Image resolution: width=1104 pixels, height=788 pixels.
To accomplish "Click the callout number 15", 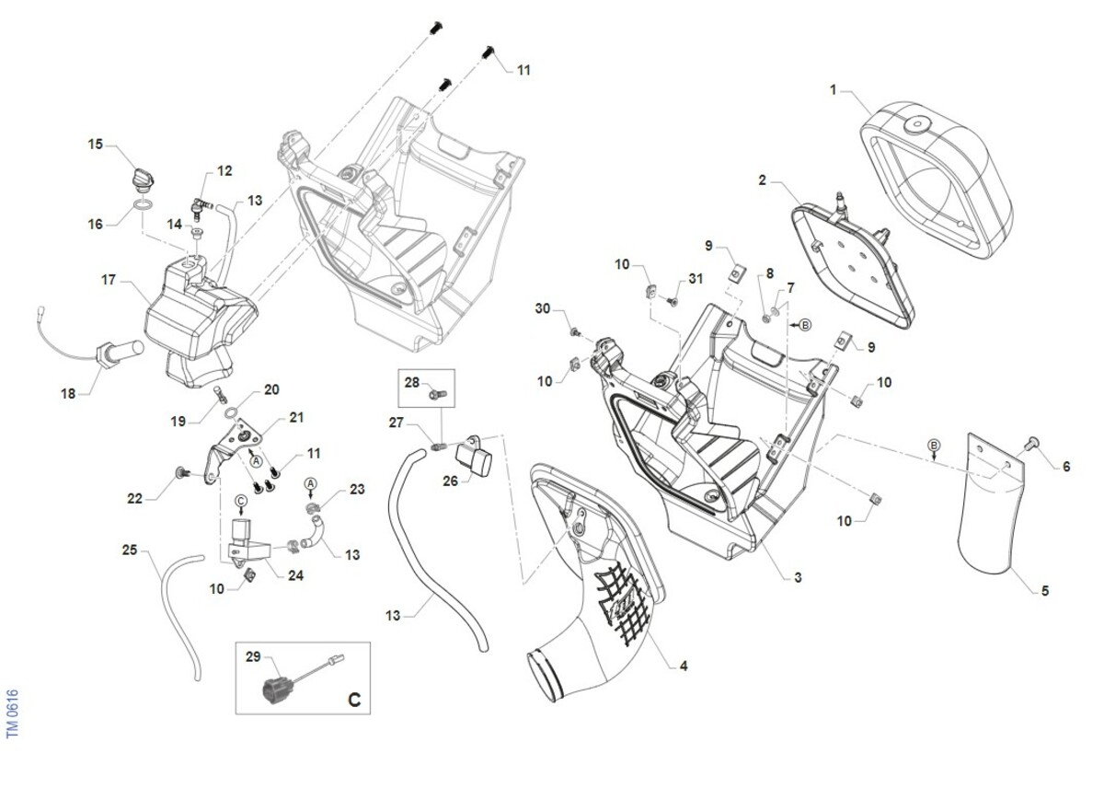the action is (x=95, y=145).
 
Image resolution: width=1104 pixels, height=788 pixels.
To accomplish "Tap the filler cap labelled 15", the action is (x=144, y=181).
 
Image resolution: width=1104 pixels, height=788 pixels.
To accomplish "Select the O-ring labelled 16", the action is (x=143, y=204).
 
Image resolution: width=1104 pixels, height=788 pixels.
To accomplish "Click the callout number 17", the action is (x=108, y=280).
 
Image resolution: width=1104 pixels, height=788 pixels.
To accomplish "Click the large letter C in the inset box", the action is (x=354, y=701).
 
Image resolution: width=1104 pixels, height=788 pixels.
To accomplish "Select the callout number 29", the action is (x=253, y=657).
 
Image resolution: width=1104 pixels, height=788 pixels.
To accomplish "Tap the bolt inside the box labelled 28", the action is (x=438, y=394).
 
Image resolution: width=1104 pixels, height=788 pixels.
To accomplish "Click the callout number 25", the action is (x=130, y=550).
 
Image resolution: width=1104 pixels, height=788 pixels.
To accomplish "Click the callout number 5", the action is (x=1045, y=590).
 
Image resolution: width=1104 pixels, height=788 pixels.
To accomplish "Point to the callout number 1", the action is (x=833, y=89).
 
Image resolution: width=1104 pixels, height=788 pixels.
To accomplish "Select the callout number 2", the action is (x=762, y=180).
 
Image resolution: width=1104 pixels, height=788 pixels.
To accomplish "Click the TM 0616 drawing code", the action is (x=12, y=713).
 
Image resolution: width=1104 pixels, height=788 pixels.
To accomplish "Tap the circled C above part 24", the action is (x=240, y=501).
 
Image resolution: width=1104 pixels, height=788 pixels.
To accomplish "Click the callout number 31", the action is (x=696, y=279).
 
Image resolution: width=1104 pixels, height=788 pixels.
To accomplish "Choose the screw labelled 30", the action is (x=575, y=332).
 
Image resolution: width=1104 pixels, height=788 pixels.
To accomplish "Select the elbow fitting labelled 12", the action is (x=201, y=207).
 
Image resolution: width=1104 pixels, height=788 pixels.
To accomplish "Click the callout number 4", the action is (x=684, y=666).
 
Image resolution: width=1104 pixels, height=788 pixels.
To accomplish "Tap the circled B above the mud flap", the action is (x=934, y=445).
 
